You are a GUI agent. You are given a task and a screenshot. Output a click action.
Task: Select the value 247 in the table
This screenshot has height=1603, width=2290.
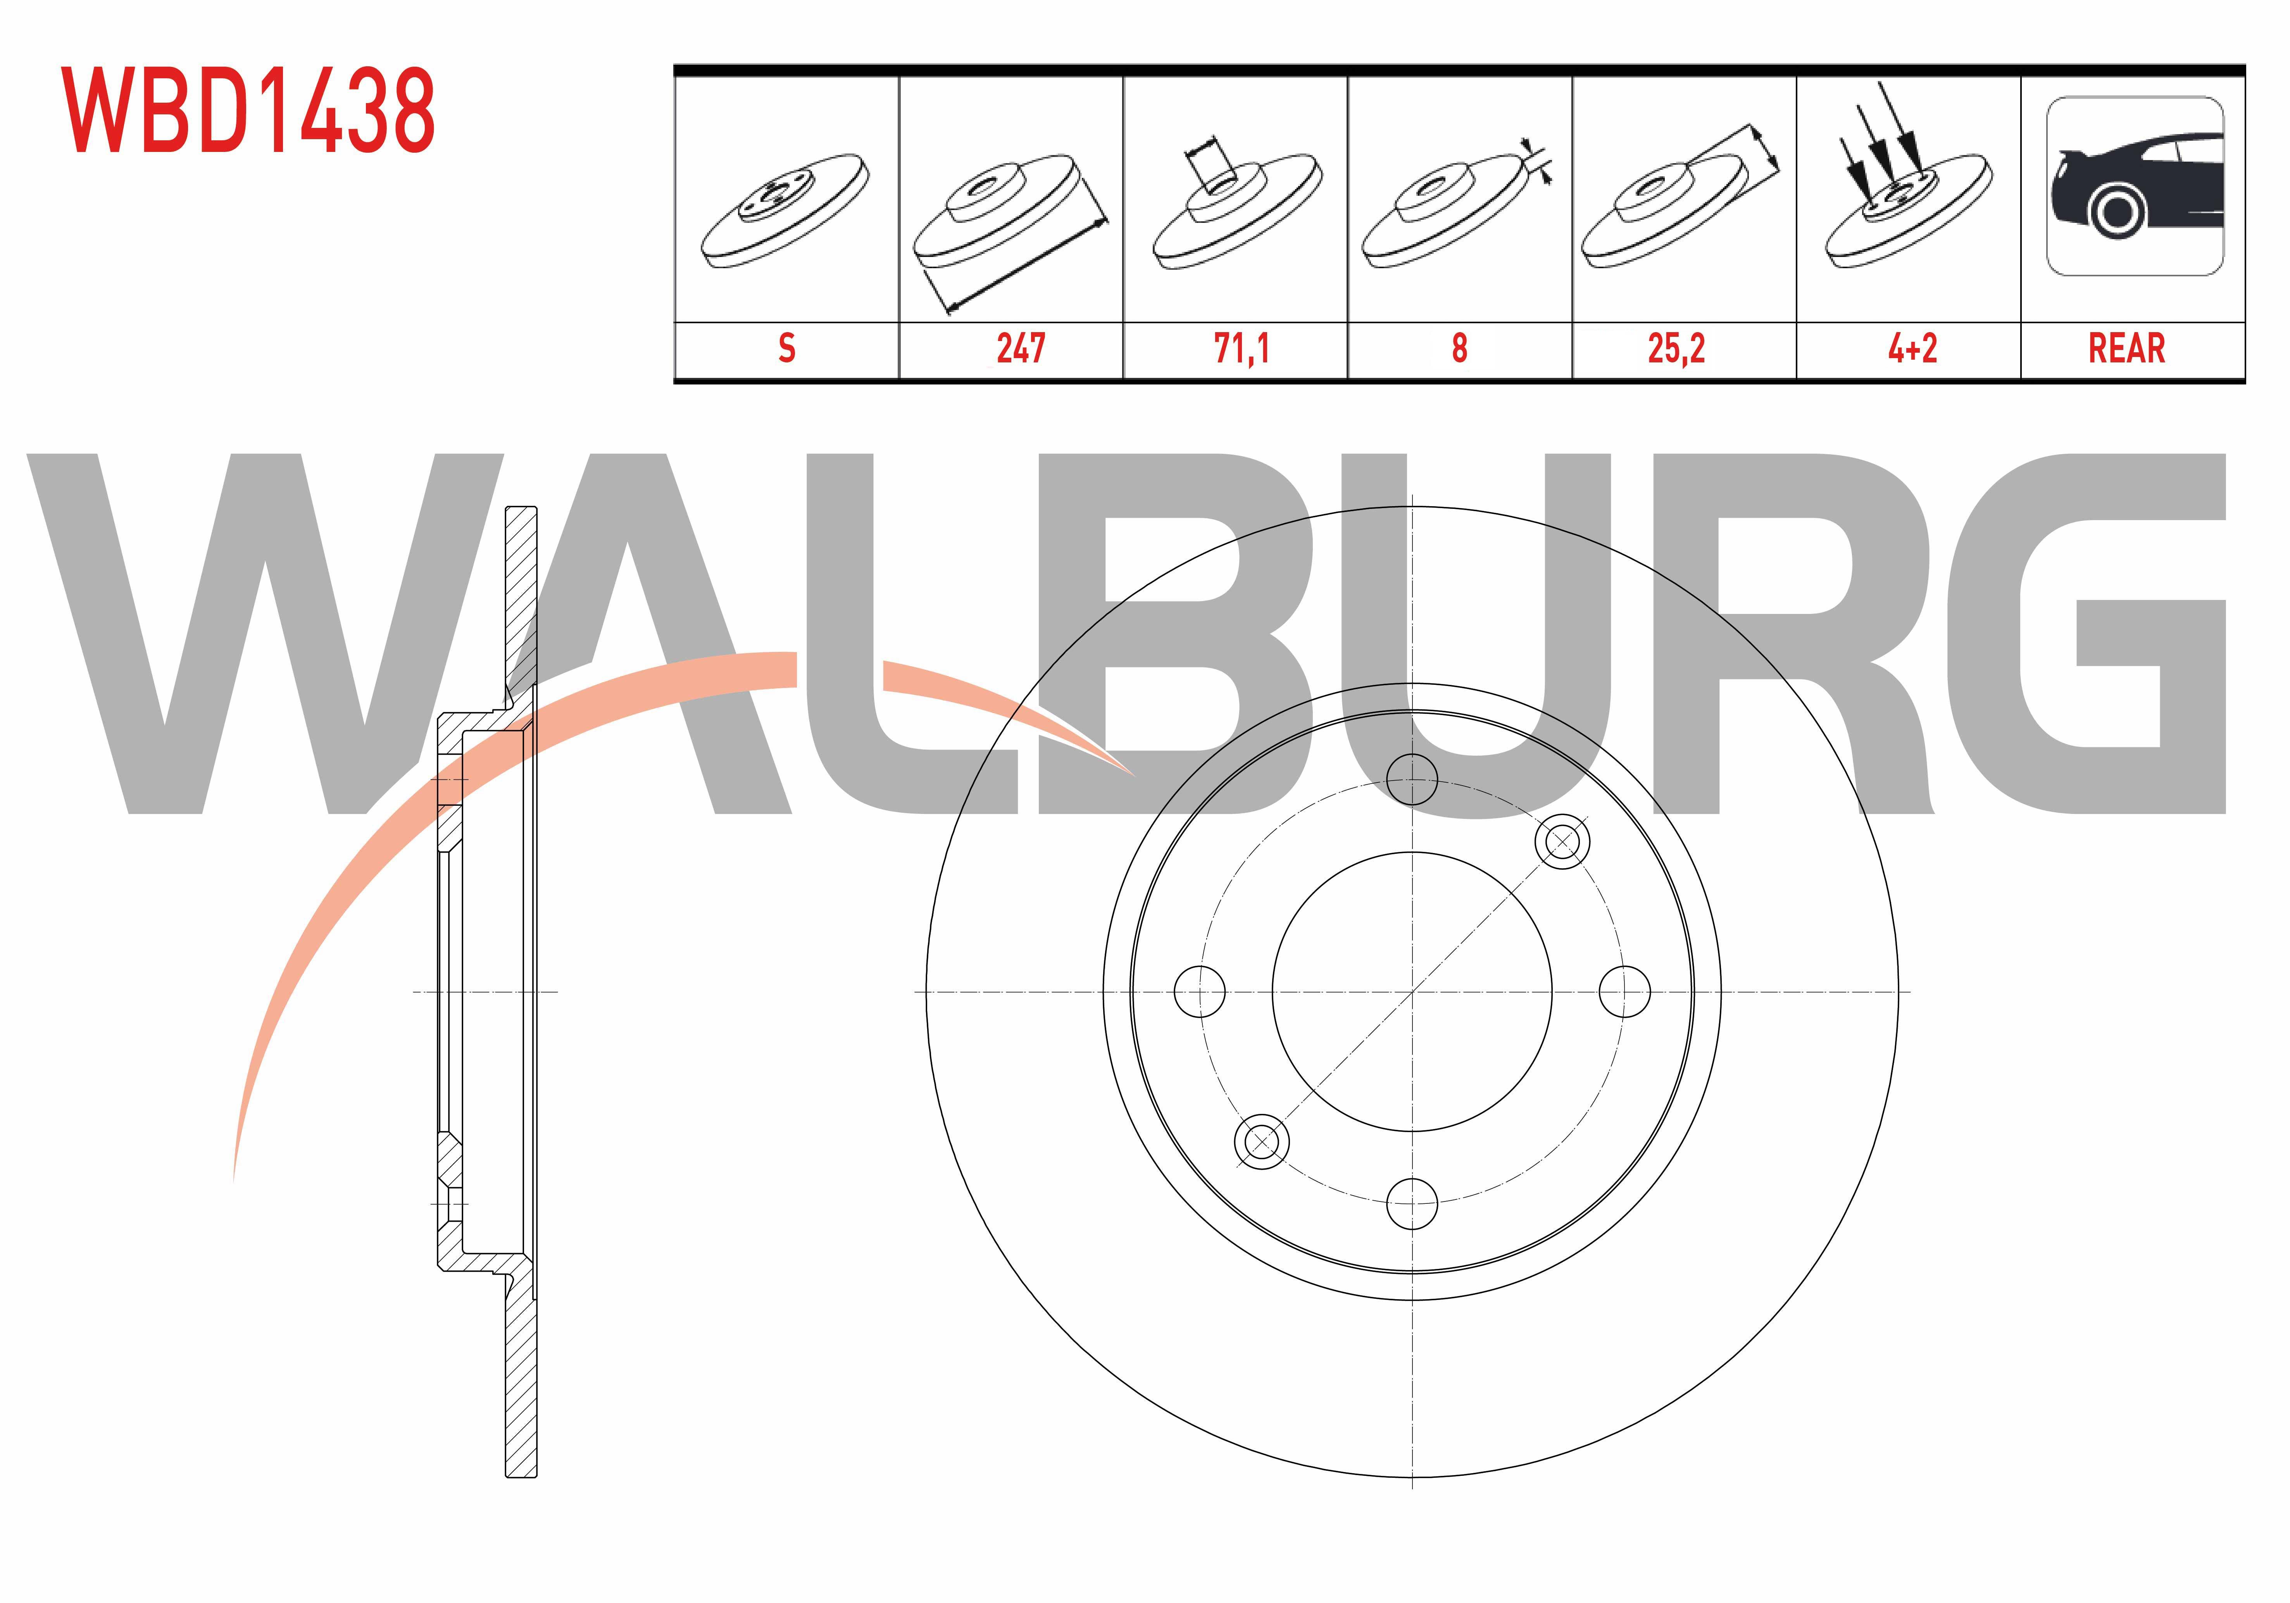[1020, 348]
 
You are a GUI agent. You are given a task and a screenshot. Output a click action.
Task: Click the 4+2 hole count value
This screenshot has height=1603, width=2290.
[1912, 348]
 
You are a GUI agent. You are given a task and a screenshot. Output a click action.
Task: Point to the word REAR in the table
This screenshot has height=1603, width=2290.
[2126, 348]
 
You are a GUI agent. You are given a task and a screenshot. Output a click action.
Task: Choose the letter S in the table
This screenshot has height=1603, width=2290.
[787, 348]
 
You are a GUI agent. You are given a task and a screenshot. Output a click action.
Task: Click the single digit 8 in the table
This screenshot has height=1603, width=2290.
[1459, 348]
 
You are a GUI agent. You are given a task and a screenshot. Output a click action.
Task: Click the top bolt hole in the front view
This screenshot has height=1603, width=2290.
[1412, 779]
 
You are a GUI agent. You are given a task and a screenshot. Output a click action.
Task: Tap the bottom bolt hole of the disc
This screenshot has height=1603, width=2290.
[1412, 1204]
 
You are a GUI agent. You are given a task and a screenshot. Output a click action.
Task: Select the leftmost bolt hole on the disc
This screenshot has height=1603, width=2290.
[1200, 991]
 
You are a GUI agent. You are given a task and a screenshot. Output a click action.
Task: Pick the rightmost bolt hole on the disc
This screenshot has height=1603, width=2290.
[1625, 991]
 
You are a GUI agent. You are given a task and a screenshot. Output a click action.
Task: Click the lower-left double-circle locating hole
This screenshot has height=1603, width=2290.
[1262, 1141]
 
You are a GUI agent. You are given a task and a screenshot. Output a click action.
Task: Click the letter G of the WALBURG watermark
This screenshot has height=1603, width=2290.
[2085, 634]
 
